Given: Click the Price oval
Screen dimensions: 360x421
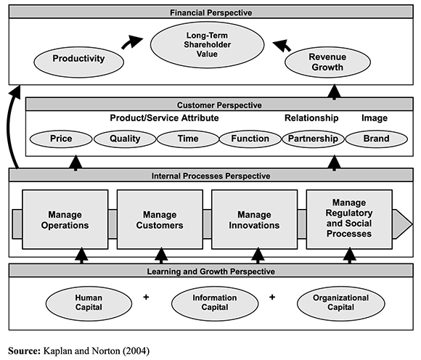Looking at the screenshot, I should pyautogui.click(x=60, y=138).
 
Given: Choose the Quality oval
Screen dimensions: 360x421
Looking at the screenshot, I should pyautogui.click(x=125, y=138).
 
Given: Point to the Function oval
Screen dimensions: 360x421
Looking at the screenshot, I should pyautogui.click(x=250, y=138).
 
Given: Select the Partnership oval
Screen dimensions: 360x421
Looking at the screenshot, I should pyautogui.click(x=313, y=138).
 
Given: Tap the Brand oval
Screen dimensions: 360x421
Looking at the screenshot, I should pyautogui.click(x=376, y=138).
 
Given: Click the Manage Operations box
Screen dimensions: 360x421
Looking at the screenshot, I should pyautogui.click(x=65, y=219).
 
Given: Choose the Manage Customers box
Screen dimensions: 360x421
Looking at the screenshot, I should pyautogui.click(x=160, y=219).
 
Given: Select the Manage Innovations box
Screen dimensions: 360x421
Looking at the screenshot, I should pyautogui.click(x=253, y=219).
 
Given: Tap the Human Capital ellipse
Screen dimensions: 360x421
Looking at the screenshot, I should pyautogui.click(x=93, y=301).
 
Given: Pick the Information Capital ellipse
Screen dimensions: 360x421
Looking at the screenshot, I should pyautogui.click(x=214, y=301).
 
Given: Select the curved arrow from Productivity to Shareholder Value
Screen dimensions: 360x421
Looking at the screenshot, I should pyautogui.click(x=132, y=44).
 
